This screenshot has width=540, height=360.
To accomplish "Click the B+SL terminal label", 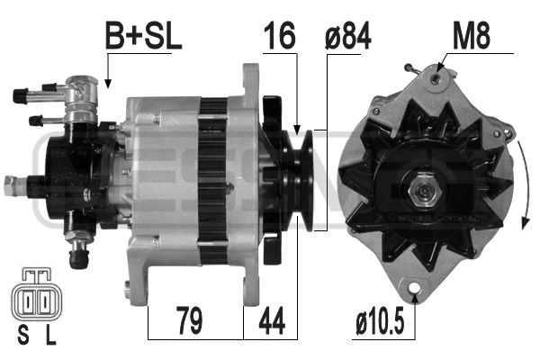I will pos(144,37).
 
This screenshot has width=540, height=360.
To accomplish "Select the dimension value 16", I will pos(280,37).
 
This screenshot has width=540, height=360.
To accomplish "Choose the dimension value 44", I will pos(271,319).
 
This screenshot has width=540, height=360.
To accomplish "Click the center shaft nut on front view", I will pos(420,192).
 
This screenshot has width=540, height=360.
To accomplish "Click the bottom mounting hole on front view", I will pos(414,291).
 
